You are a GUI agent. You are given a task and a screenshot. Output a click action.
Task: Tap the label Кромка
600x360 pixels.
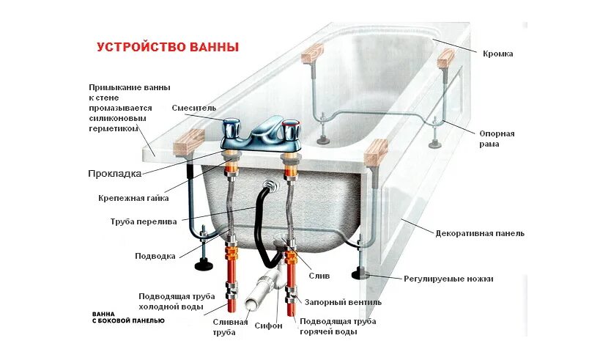coord(497,54)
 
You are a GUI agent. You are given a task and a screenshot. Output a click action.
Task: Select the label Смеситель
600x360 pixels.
coord(194,108)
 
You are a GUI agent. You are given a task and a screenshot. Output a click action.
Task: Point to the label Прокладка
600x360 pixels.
coord(114,174)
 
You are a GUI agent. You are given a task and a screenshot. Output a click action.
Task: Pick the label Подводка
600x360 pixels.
coord(155,256)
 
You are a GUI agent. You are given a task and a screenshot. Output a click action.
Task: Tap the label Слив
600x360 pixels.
coord(319,276)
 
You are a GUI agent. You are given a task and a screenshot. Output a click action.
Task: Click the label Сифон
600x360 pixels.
coord(268,326)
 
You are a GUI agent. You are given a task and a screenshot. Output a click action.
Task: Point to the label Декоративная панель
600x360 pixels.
coord(480,234)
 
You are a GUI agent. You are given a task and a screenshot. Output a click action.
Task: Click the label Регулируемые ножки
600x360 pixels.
coord(448,279)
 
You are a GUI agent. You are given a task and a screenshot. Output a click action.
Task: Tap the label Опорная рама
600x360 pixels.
coord(497,139)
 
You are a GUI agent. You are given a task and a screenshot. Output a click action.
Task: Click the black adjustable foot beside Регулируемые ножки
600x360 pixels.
coord(362,275)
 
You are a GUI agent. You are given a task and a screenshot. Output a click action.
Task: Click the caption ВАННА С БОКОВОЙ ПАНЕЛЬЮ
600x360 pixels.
coord(128,317)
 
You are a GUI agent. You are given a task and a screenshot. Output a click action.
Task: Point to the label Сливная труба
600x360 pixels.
coord(224,327)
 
